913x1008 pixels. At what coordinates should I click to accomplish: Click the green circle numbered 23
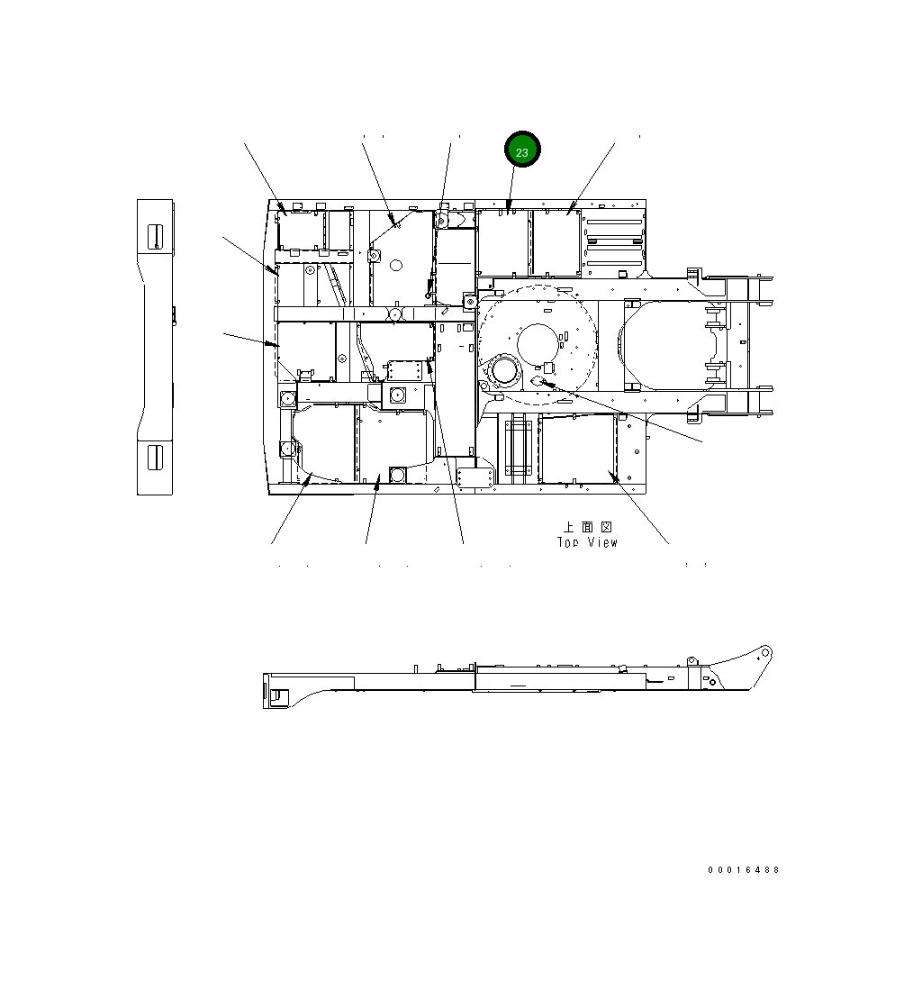[x=521, y=150]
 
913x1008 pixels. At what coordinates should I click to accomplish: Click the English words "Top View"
[x=587, y=542]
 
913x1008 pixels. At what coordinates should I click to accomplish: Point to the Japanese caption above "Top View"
[x=587, y=526]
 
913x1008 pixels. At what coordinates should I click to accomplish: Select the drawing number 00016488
[x=744, y=870]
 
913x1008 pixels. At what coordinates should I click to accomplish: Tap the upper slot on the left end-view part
[x=155, y=236]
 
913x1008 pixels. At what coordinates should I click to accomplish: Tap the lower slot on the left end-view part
[x=155, y=457]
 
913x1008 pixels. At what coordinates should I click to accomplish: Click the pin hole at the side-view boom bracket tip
[x=765, y=652]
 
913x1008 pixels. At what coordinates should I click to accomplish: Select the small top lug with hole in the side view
[x=692, y=661]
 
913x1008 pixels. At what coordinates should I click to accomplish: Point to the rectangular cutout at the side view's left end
[x=278, y=695]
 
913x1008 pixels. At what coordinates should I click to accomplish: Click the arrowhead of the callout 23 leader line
[x=509, y=208]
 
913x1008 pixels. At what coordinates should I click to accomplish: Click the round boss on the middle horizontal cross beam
[x=393, y=314]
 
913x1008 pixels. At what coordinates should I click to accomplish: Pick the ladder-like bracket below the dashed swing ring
[x=519, y=448]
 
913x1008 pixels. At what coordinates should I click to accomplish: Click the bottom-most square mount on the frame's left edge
[x=287, y=448]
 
